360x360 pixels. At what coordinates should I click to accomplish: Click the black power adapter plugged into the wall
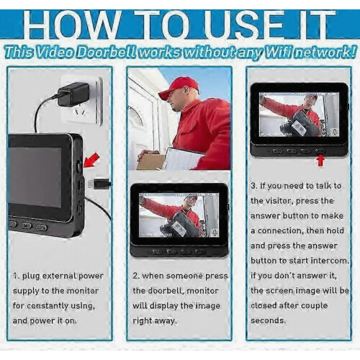73,94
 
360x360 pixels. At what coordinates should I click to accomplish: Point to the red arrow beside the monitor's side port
91,160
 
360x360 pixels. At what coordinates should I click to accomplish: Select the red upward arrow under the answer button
320,161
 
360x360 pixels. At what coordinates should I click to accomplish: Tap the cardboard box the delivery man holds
150,161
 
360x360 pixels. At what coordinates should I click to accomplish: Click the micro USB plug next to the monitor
99,184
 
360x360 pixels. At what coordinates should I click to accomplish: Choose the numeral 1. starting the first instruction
17,276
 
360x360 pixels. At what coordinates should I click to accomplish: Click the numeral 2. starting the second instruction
136,276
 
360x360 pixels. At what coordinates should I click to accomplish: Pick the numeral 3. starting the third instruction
254,186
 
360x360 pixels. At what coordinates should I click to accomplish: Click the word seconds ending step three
269,320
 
